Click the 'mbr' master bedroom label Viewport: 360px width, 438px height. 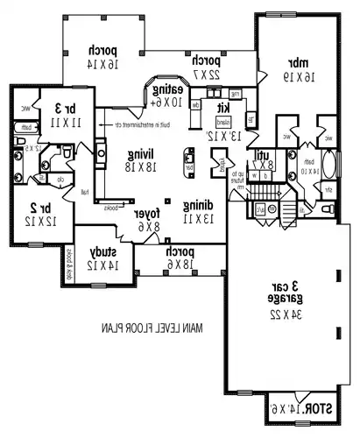[x=300, y=62]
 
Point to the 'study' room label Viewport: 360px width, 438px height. [x=103, y=251]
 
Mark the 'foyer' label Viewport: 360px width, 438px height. [x=146, y=214]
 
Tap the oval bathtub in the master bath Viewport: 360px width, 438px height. [x=329, y=164]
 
